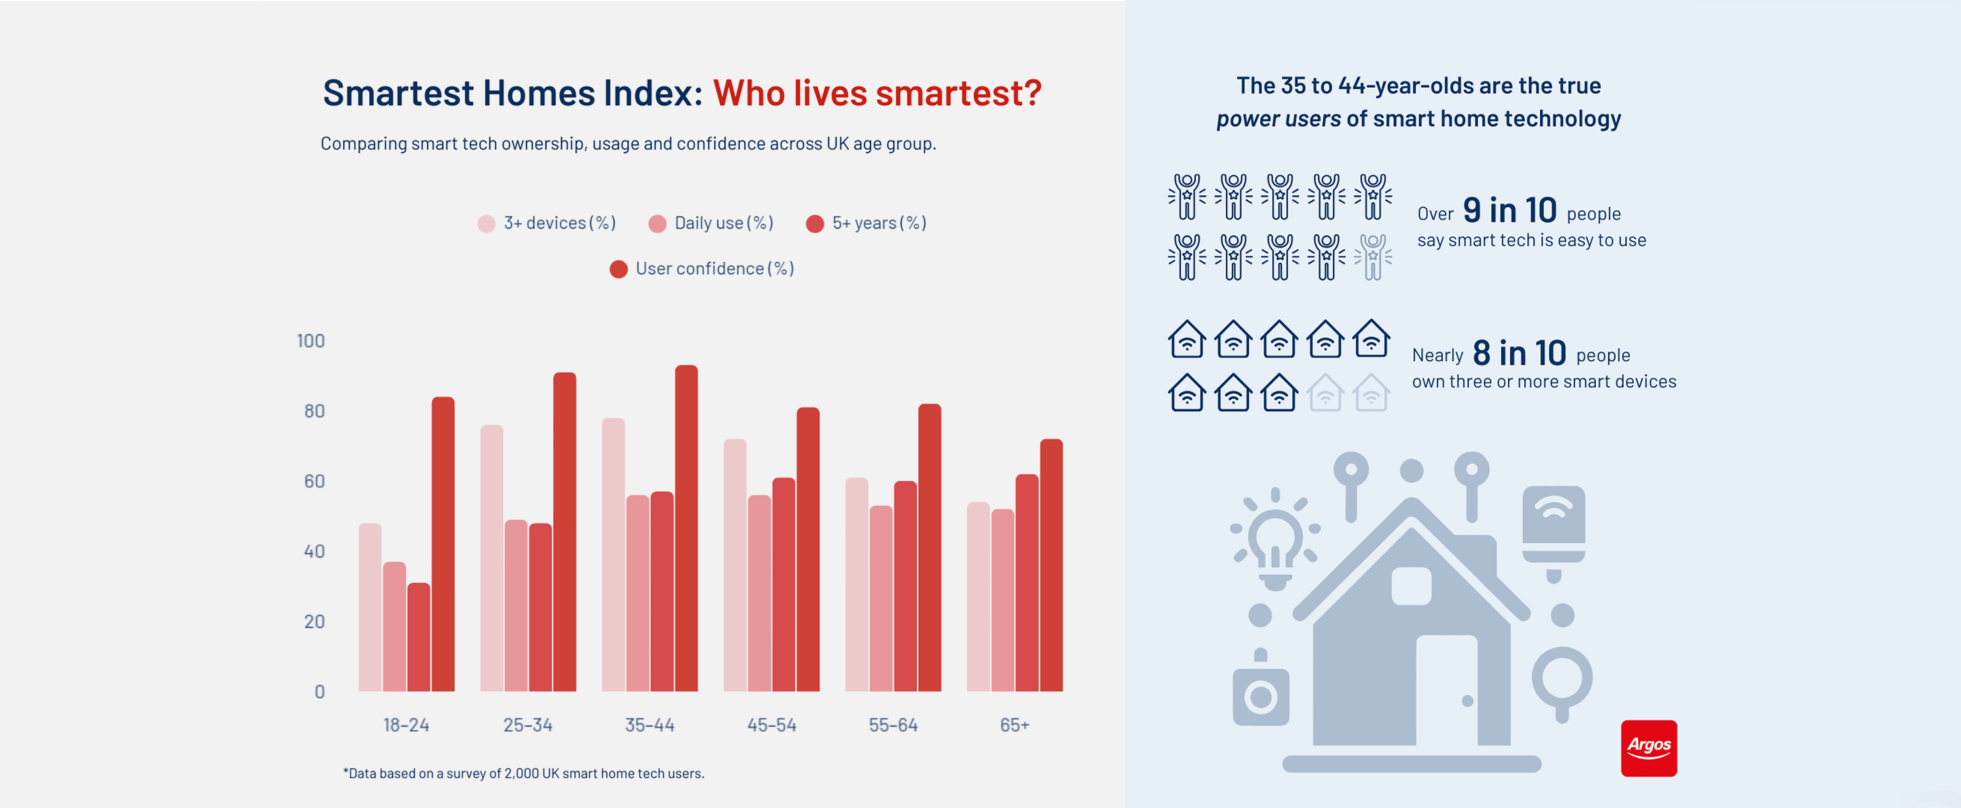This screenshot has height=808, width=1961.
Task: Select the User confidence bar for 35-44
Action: pos(686,529)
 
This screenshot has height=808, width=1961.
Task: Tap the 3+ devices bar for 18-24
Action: pos(370,608)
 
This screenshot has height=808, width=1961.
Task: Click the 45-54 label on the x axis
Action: pos(771,725)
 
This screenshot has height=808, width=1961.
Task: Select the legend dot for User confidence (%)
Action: pos(618,269)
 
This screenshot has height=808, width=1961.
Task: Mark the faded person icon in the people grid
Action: pos(1372,257)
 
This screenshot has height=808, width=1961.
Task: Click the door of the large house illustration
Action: pos(1446,689)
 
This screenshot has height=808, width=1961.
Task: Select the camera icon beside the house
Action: pos(1261,695)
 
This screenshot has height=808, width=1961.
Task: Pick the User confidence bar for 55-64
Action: pos(929,548)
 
